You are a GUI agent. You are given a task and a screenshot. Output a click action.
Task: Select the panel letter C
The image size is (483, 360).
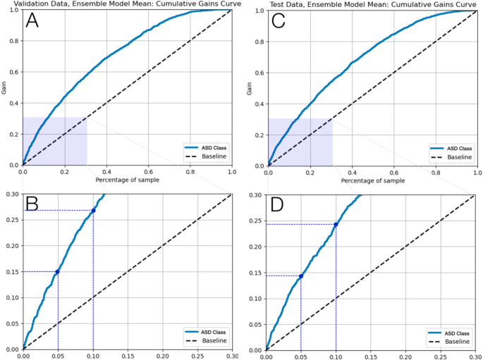(x=278, y=22)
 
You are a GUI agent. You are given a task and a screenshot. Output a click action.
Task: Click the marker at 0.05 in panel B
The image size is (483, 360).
(x=58, y=272)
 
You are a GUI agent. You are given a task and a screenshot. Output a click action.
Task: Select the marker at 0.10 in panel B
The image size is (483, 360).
(x=93, y=211)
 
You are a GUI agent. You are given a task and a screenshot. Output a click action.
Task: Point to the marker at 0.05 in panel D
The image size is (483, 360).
(x=301, y=276)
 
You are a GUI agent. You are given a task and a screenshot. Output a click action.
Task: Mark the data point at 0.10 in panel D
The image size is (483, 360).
(x=336, y=225)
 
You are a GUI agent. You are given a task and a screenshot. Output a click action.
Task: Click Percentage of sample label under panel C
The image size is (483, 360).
(x=372, y=180)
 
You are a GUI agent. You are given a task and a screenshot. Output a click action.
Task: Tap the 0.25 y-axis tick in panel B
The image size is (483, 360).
(x=11, y=221)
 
